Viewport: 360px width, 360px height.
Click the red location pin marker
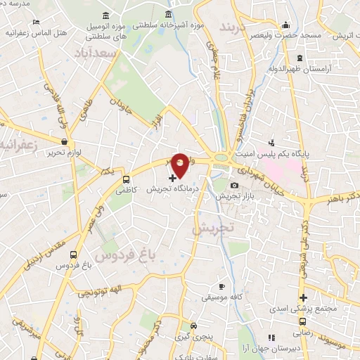[x=180, y=164]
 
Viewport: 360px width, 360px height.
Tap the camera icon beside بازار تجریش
[x=234, y=185]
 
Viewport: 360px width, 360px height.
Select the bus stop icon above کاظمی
[x=126, y=179]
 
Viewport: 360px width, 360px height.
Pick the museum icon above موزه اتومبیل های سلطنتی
[x=105, y=15]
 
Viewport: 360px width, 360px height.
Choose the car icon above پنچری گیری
[x=193, y=327]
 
